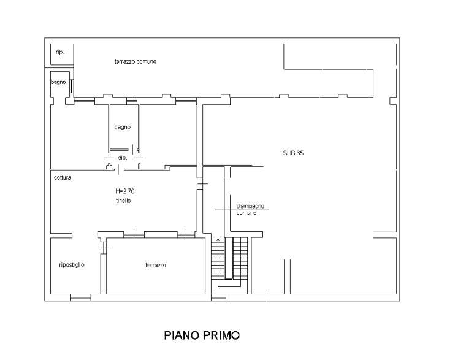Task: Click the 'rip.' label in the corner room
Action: tap(59, 52)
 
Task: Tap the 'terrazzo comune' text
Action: tap(136, 61)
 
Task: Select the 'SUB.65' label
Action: tap(293, 153)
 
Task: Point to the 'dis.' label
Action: tap(123, 158)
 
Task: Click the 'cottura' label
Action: tap(63, 177)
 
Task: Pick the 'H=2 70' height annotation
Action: tap(125, 191)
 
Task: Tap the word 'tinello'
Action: tap(123, 201)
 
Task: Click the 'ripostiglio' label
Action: tap(72, 265)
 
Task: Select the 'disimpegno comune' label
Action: tap(250, 209)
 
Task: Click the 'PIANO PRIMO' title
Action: tap(202, 335)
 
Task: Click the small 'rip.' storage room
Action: tap(62, 55)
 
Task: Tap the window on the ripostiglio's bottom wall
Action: tap(81, 297)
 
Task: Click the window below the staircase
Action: tap(218, 297)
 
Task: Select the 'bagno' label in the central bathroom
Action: tap(123, 127)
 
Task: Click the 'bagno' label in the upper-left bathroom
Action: tap(58, 82)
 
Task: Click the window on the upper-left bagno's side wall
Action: tap(72, 86)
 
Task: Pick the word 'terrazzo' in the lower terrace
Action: tap(156, 265)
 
